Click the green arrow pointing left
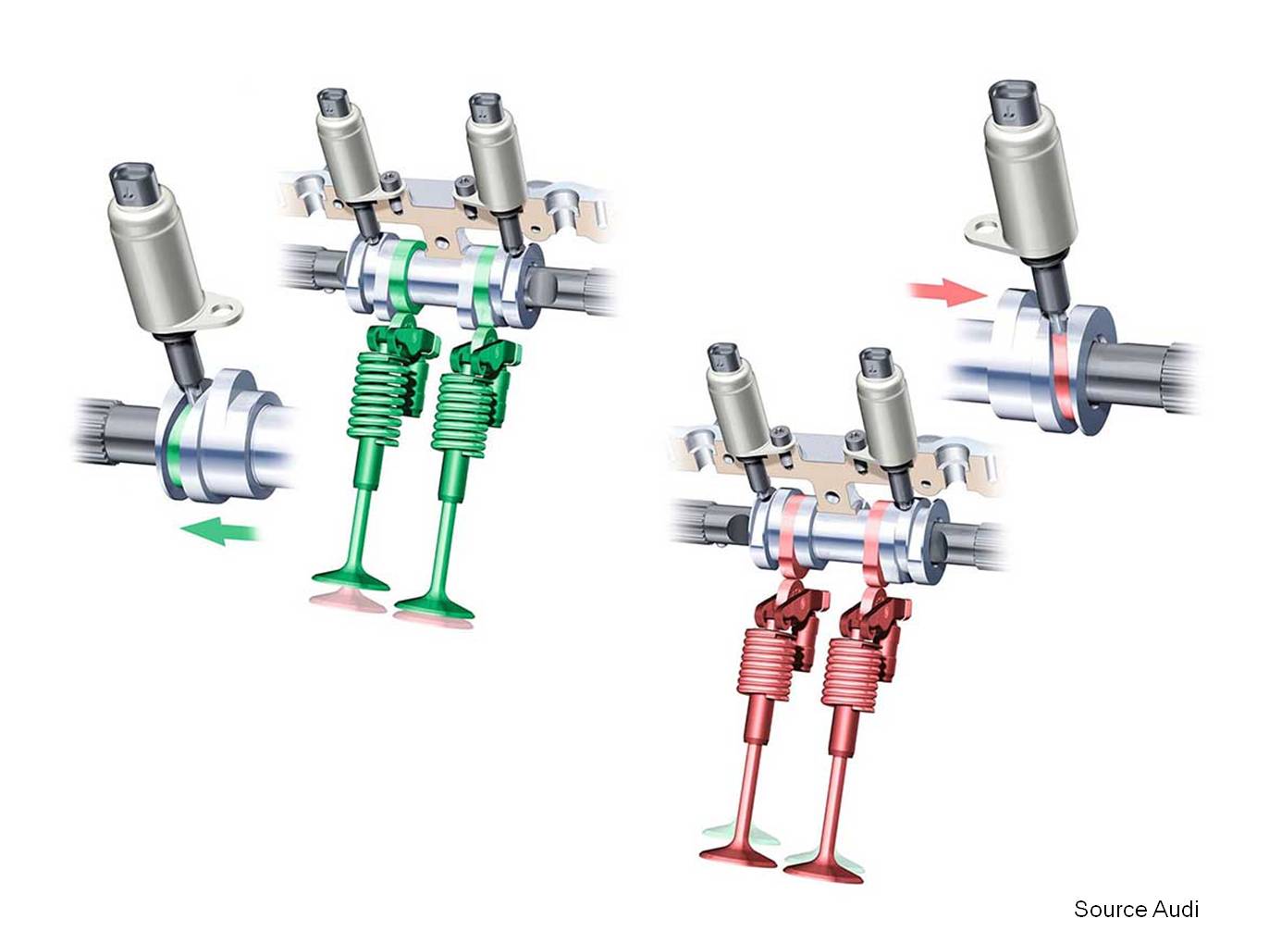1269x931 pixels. tap(220, 530)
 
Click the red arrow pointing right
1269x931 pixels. tap(946, 293)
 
